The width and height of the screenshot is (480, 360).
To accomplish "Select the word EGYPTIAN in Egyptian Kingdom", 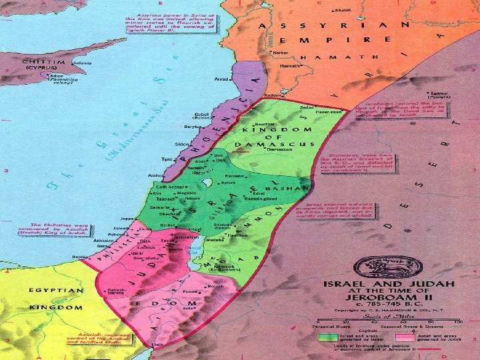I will click(x=56, y=291).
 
